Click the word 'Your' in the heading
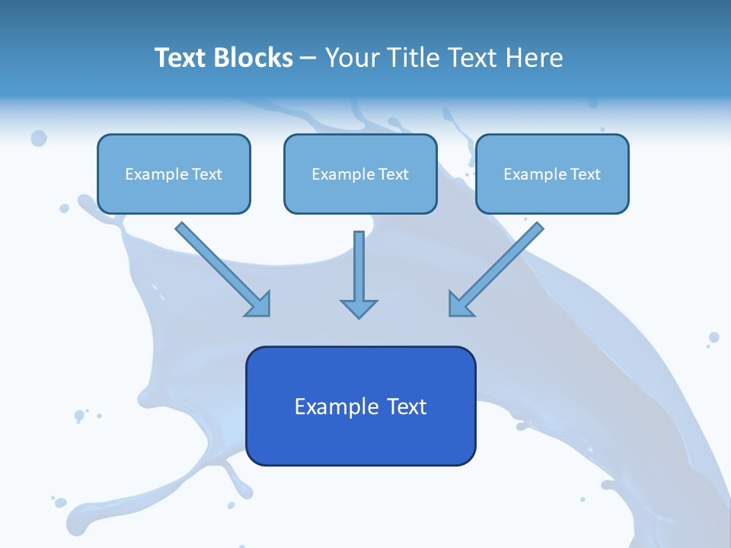tap(352, 58)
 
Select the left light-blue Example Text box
tap(174, 174)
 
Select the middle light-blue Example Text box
tap(360, 174)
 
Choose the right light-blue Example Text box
tap(552, 174)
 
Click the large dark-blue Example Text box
tap(360, 406)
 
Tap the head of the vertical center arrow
tap(359, 308)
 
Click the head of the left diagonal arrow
tap(260, 305)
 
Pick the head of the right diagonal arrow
tap(459, 305)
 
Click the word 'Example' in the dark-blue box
tap(337, 406)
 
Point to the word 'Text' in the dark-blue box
tap(406, 406)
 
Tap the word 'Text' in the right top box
tap(585, 174)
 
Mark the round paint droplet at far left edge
tap(38, 138)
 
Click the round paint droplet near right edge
tap(713, 337)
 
